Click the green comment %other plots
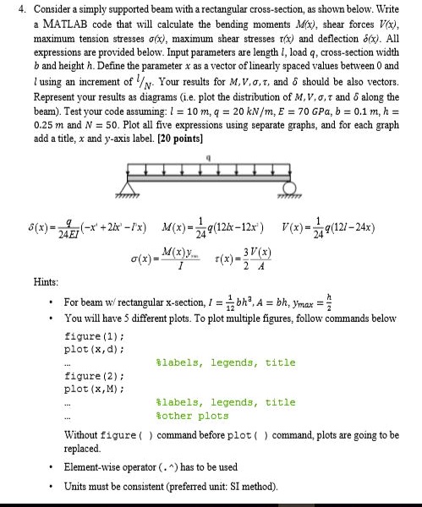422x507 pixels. pos(193,416)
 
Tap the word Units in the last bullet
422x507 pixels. pos(78,487)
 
